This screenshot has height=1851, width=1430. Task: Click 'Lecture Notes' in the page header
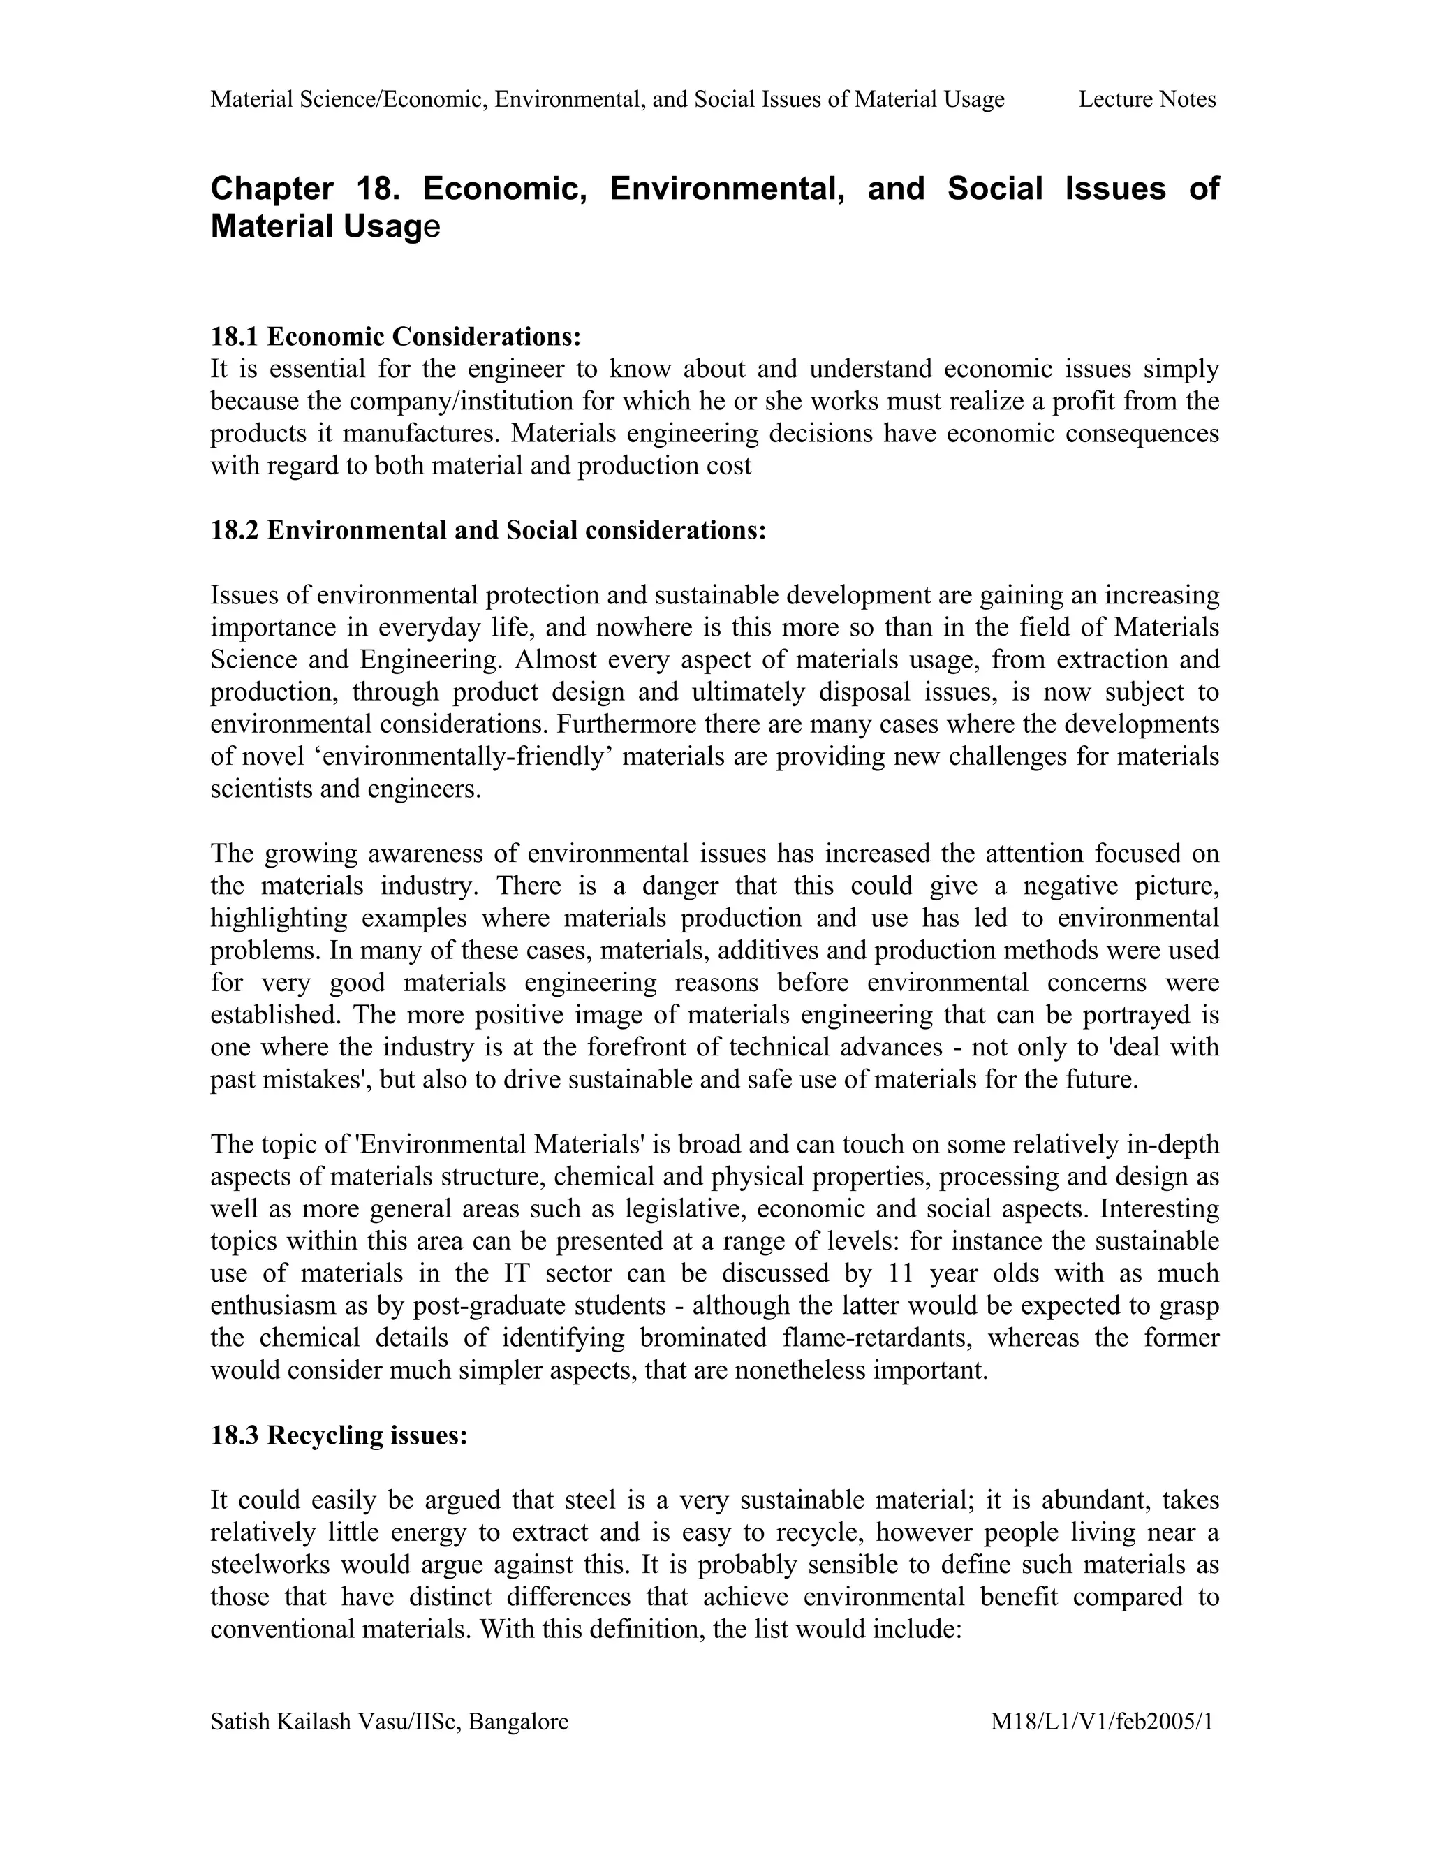(x=1147, y=100)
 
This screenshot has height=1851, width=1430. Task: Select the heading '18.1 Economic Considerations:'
(x=396, y=337)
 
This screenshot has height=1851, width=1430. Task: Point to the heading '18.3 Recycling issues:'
(x=339, y=1435)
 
